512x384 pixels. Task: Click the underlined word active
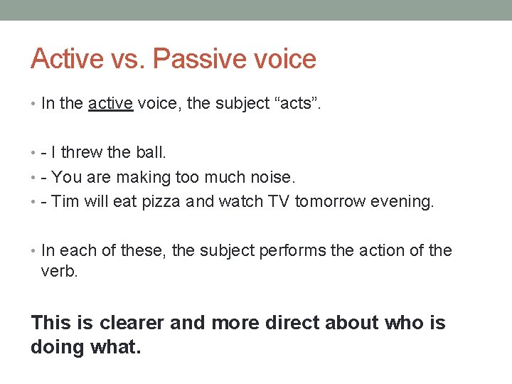110,103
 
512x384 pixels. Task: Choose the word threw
82,152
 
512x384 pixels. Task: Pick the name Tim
65,201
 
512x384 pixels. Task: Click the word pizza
161,201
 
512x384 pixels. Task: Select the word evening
401,201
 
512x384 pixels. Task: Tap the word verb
58,271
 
